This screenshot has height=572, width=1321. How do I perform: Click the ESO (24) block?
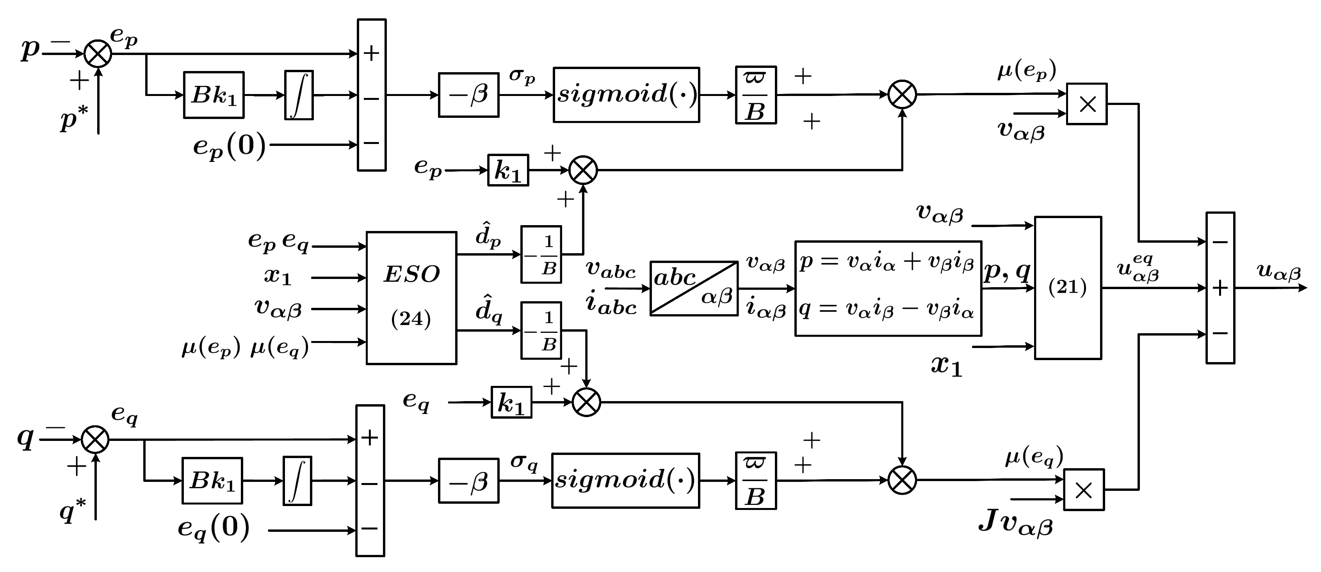(x=411, y=298)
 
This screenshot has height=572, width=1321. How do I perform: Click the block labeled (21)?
(x=1068, y=288)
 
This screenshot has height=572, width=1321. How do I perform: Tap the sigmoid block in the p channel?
(x=626, y=95)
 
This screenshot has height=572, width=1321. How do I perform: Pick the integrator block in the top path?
(x=299, y=95)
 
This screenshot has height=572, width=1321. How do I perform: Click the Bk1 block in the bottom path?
(x=212, y=481)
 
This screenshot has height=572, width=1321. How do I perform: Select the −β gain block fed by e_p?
(x=468, y=95)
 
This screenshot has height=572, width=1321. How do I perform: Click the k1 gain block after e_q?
(x=511, y=402)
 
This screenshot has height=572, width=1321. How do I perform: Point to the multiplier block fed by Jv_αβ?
(x=1084, y=490)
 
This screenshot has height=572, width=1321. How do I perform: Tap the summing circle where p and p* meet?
(x=98, y=54)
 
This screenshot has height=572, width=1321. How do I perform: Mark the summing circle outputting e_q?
(x=95, y=439)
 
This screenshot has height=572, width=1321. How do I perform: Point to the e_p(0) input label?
(x=229, y=146)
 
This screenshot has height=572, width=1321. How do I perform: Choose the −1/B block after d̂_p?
(x=541, y=254)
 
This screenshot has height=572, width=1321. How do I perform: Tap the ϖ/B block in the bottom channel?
(x=755, y=480)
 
